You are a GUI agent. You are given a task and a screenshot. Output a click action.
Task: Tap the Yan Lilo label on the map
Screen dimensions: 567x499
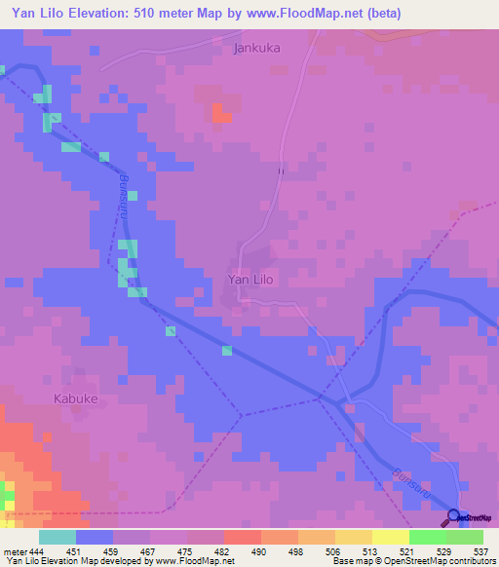(x=250, y=280)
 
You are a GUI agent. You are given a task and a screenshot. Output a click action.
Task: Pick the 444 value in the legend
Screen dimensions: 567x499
(x=34, y=551)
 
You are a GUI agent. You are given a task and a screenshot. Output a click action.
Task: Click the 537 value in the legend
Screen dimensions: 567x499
(x=478, y=551)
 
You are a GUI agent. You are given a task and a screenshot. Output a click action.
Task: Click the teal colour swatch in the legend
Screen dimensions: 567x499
(x=58, y=537)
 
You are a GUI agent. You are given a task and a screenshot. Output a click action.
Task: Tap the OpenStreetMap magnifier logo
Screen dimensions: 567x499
(x=454, y=516)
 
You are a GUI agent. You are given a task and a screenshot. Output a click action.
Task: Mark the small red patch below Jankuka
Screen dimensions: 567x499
(x=220, y=113)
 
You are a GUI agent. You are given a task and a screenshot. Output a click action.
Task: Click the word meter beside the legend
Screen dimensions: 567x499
(x=13, y=551)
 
